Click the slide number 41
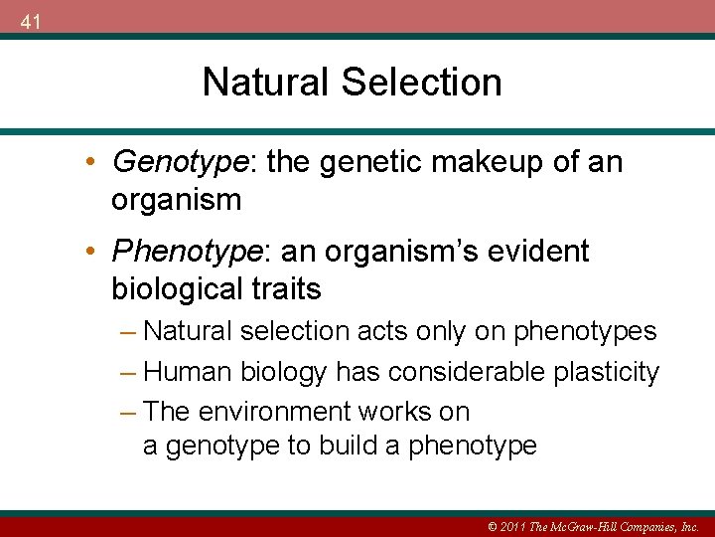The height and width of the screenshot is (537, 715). (30, 22)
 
